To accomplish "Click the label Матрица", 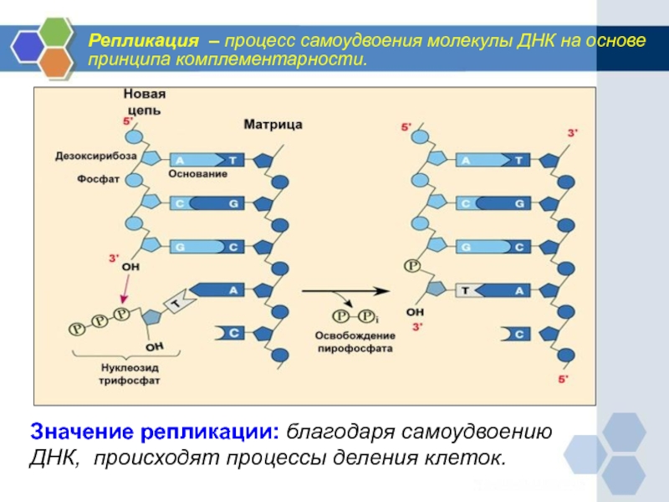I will pyautogui.click(x=273, y=125).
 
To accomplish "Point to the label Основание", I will pyautogui.click(x=198, y=174).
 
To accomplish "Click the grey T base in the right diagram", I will pyautogui.click(x=467, y=290).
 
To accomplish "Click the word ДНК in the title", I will pyautogui.click(x=518, y=40).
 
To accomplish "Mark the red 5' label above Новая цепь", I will pyautogui.click(x=127, y=121).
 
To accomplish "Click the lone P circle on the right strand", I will pyautogui.click(x=411, y=266).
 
